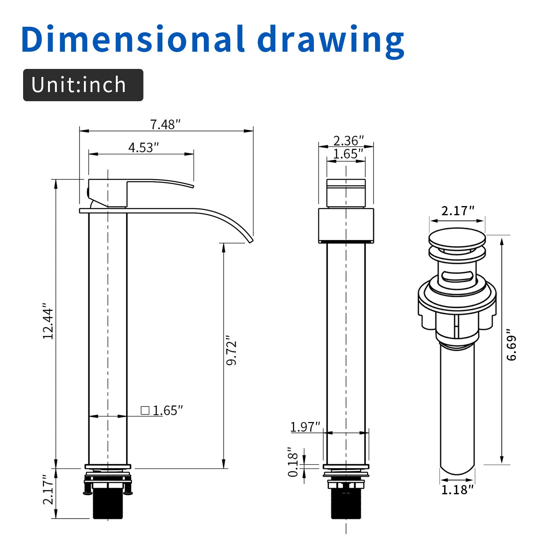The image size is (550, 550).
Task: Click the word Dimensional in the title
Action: (133, 39)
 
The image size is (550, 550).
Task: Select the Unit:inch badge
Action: (83, 85)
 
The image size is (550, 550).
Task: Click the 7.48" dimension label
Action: (165, 125)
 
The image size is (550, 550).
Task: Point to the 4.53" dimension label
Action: (143, 147)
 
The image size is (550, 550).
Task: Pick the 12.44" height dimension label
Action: (48, 321)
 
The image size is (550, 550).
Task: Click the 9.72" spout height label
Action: (231, 350)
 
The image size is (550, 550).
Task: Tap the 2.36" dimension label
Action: (348, 140)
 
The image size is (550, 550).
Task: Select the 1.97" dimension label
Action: (305, 427)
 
